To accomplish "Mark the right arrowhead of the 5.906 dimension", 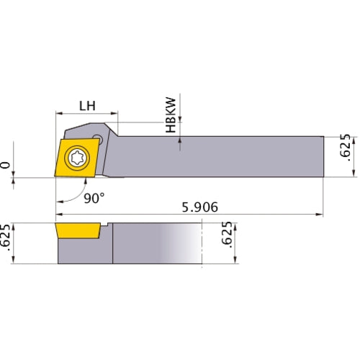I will pos(320,214).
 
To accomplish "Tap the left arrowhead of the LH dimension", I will pos(59,113).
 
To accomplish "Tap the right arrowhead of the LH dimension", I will pos(114,113).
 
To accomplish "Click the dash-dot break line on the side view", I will pos(204,245).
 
